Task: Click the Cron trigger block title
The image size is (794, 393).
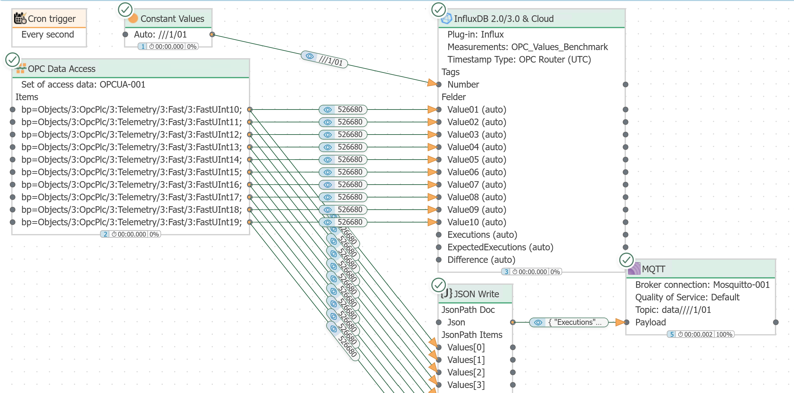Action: [x=52, y=19]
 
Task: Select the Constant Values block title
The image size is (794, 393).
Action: [x=172, y=19]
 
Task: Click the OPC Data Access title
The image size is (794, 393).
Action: [x=62, y=69]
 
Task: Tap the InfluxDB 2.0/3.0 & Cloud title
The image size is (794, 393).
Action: [x=504, y=19]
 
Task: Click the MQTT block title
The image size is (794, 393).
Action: [x=653, y=269]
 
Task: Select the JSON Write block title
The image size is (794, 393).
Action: [x=477, y=294]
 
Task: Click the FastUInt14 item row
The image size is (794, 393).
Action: [x=131, y=160]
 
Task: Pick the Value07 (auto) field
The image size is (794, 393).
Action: [x=477, y=185]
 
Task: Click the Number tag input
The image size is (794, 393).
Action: [x=463, y=84]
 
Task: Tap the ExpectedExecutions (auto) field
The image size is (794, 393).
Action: [x=500, y=247]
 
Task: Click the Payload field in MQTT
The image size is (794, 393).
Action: [x=650, y=322]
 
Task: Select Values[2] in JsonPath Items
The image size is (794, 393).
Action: [x=466, y=372]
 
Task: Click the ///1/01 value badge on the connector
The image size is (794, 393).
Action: [x=324, y=59]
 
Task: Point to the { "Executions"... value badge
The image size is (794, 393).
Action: [x=569, y=322]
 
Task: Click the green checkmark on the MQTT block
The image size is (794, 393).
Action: [x=626, y=260]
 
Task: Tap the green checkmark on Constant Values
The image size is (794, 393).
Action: [x=125, y=10]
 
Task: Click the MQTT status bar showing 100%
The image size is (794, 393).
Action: [x=700, y=334]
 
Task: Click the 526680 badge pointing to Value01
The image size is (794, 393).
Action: [x=343, y=110]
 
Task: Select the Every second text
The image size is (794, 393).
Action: [x=48, y=34]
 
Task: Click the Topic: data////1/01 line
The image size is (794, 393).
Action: [x=673, y=310]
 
